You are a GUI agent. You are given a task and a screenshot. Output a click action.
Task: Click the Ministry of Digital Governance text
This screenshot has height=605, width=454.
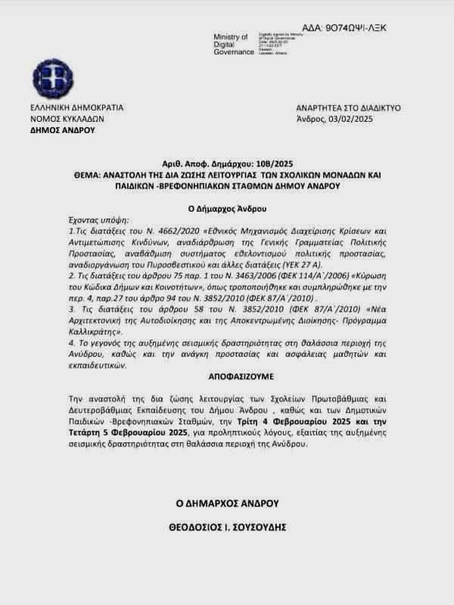(231, 45)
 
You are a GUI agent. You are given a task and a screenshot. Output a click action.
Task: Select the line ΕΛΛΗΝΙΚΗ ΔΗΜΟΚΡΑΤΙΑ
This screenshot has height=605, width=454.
(77, 107)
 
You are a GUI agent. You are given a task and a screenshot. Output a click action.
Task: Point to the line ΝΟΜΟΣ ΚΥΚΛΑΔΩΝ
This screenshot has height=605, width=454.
(67, 119)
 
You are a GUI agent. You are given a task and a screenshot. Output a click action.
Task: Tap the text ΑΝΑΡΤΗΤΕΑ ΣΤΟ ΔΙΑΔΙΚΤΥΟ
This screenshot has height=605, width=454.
(349, 107)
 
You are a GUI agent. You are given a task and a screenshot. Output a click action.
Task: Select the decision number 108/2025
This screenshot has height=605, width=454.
(271, 163)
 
